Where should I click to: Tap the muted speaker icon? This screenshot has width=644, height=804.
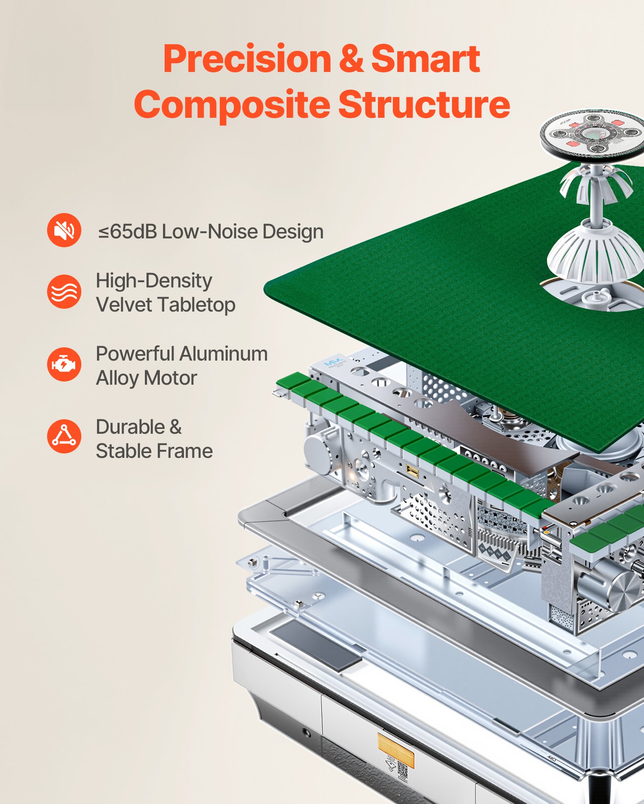pos(64,230)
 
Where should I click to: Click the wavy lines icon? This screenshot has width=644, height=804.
pos(64,291)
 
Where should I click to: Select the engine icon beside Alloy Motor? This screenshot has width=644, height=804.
pos(64,364)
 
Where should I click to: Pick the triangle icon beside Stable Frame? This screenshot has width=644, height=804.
pos(64,437)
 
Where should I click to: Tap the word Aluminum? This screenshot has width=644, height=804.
pos(223,354)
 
